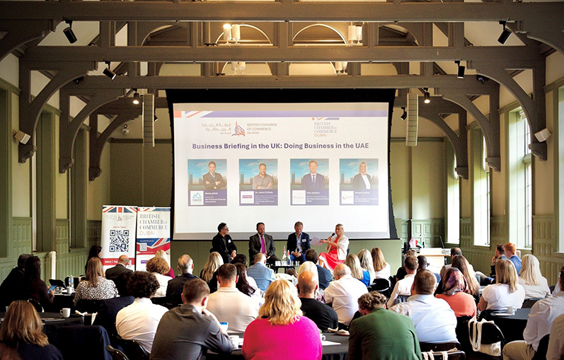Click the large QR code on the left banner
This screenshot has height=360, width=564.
pyautogui.click(x=119, y=240)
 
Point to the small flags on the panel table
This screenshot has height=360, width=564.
pyautogui.click(x=284, y=254)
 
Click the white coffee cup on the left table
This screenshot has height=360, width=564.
pyautogui.click(x=65, y=312)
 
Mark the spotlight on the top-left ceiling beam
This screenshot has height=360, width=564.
pyautogui.click(x=69, y=33)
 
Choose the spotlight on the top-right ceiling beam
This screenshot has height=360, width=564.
pyautogui.click(x=504, y=33)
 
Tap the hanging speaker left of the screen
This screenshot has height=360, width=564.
pyautogui.click(x=149, y=120)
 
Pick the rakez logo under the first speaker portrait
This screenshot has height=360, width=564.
pyautogui.click(x=197, y=197)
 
